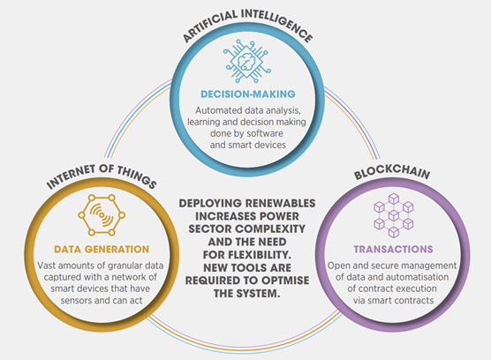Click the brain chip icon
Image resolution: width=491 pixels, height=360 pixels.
point(247,61)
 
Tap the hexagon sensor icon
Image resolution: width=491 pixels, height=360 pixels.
point(102,215)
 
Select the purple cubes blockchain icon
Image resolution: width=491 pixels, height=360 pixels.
point(393,215)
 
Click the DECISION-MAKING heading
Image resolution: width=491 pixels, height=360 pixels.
point(248,94)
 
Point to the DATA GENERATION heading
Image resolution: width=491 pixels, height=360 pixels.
point(102,250)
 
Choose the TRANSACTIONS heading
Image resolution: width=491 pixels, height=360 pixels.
point(394,250)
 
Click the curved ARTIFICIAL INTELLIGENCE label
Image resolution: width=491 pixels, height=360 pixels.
point(247,24)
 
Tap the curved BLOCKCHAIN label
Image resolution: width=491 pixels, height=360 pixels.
point(392,172)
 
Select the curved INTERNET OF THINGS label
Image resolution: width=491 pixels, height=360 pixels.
point(102,176)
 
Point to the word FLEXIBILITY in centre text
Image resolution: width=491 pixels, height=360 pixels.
point(260,255)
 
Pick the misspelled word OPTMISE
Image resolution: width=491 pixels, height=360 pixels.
point(285,281)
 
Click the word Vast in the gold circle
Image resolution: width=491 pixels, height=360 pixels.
point(47,266)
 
